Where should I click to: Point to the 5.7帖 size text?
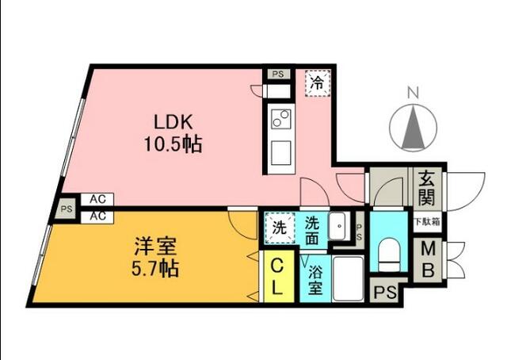[x=155, y=268]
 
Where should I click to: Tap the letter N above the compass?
[x=412, y=92]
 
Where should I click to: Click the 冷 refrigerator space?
[x=318, y=82]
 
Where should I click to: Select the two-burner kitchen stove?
[x=280, y=120]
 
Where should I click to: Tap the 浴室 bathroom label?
[x=314, y=280]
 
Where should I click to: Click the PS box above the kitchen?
[x=276, y=75]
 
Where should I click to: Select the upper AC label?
[x=97, y=200]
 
